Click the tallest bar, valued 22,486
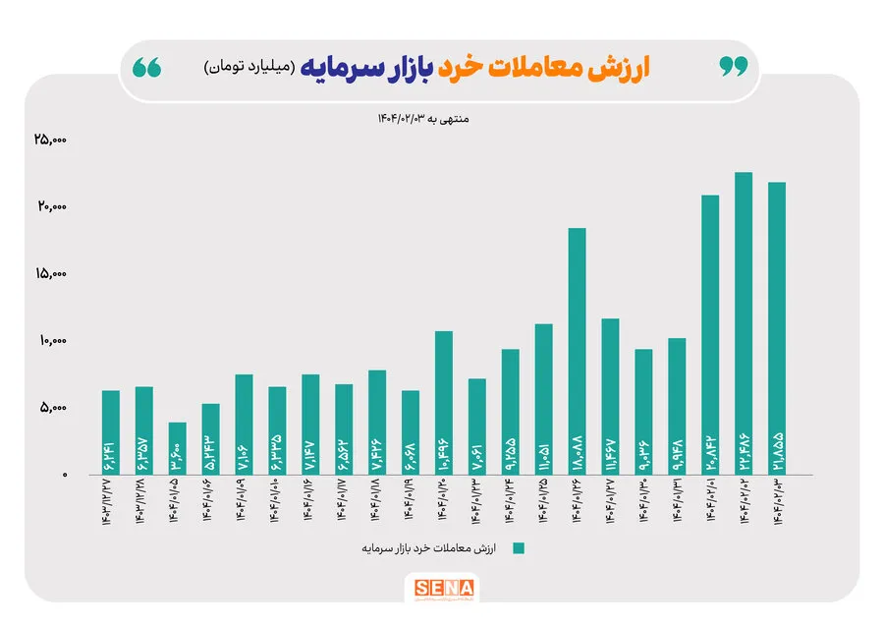(744, 324)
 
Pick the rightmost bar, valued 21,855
(777, 328)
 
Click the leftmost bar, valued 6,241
(110, 432)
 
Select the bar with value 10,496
(443, 403)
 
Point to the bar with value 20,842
(710, 334)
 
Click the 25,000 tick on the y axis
(49, 141)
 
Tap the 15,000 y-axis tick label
(49, 274)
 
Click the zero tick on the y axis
(63, 475)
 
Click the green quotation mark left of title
(147, 67)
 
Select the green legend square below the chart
(519, 548)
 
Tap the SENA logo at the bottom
(444, 591)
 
